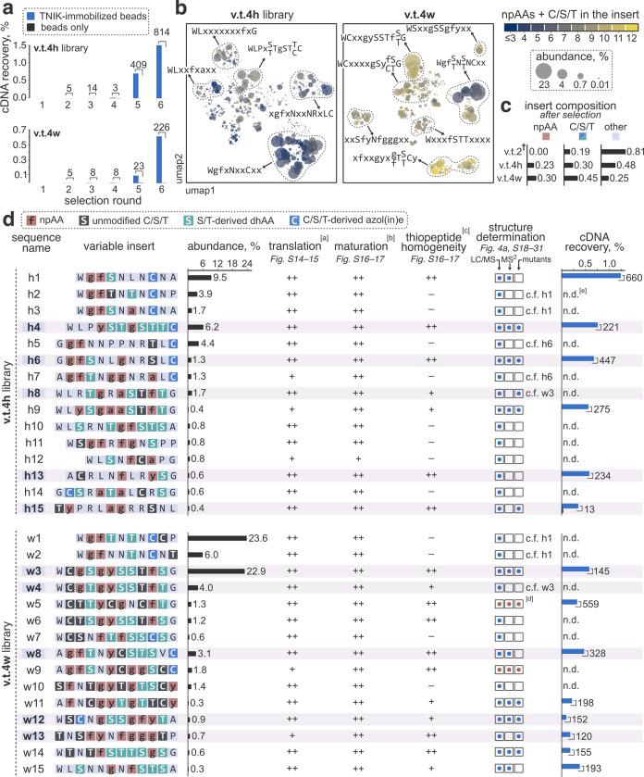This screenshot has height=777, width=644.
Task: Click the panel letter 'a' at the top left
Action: pyautogui.click(x=7, y=8)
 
